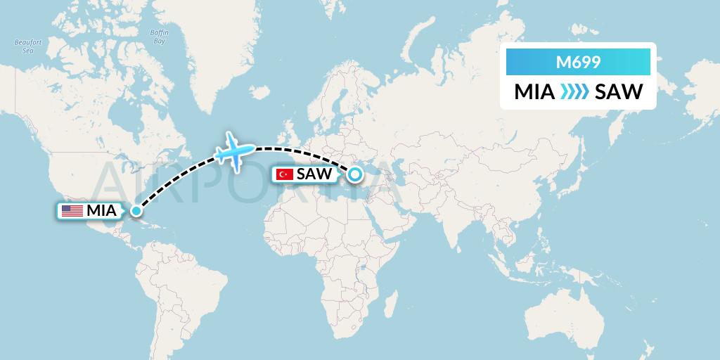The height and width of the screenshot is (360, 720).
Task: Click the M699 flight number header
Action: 578,63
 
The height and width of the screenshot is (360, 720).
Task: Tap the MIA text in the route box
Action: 534,92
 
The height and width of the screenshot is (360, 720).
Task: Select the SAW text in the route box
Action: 619,92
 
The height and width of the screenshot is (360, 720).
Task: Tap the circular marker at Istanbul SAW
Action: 355,174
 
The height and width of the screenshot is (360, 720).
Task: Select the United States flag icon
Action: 72,210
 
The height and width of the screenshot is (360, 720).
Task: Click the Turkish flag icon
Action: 285,174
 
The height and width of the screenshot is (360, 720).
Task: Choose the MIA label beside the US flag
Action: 101,210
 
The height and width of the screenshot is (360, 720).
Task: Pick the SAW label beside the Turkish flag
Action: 314,174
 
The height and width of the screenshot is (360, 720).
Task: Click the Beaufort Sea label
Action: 28,46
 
